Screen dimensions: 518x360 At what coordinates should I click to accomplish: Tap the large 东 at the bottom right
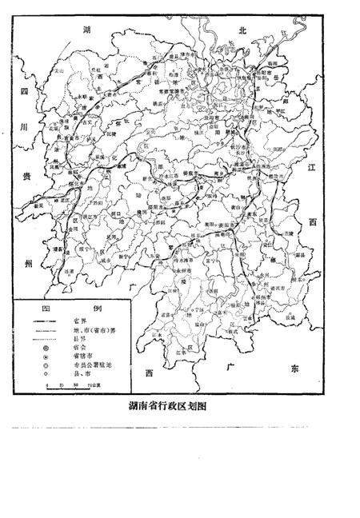(293, 369)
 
